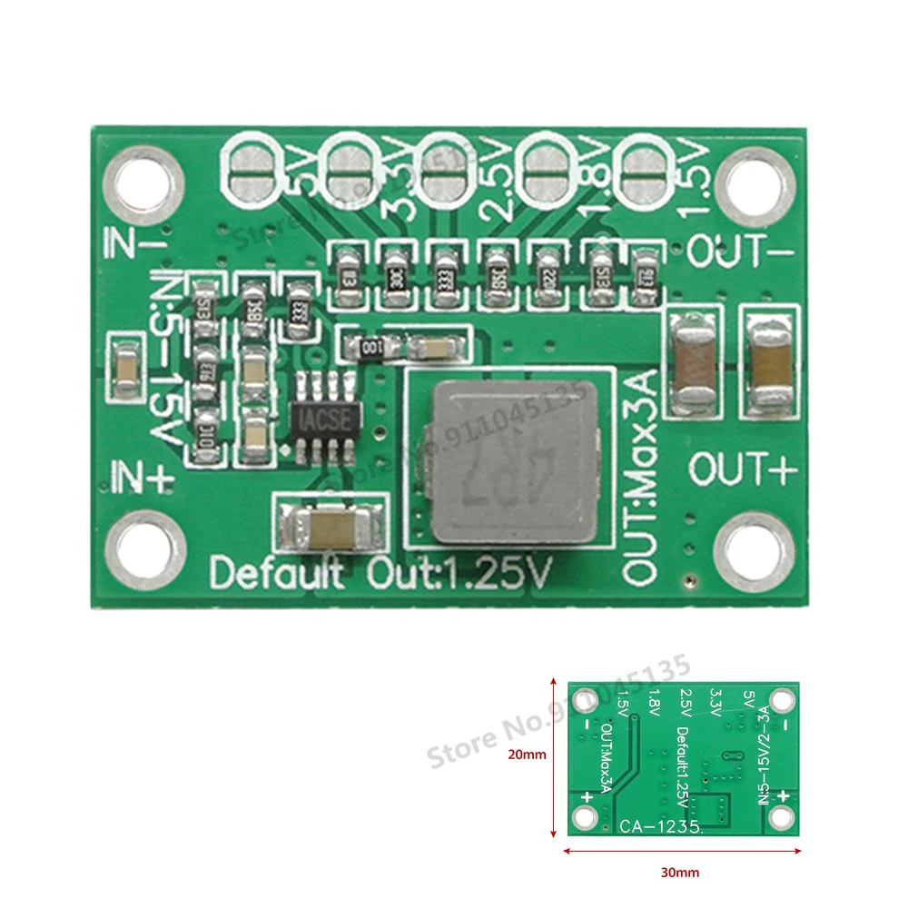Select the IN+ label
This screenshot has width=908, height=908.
[140, 475]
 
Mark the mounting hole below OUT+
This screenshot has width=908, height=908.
[755, 550]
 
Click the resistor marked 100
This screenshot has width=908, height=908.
[370, 346]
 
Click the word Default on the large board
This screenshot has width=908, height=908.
[276, 575]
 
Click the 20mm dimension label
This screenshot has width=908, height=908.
[526, 753]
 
